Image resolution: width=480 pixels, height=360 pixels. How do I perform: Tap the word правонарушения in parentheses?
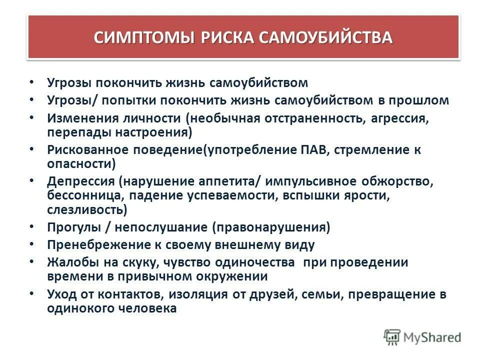coord(270,227)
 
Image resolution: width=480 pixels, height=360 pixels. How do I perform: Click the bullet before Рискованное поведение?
coord(32,149)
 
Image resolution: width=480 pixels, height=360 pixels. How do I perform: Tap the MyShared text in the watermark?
coord(432,337)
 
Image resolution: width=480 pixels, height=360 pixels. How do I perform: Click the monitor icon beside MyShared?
coord(392,337)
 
